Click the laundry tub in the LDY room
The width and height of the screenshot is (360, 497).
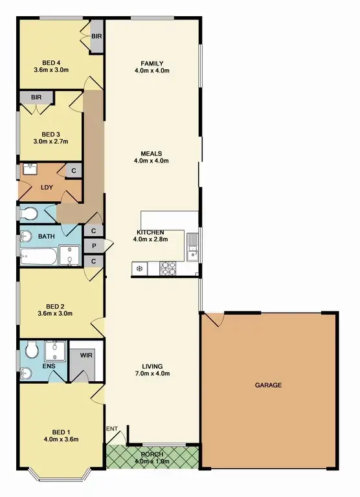(29, 170)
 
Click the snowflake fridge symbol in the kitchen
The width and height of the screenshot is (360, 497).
(139, 268)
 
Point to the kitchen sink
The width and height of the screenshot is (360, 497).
(192, 245)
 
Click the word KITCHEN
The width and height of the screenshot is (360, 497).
(150, 232)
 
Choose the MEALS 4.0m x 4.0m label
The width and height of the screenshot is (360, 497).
(151, 157)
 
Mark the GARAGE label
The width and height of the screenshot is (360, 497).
(268, 385)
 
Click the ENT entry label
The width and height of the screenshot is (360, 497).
(112, 429)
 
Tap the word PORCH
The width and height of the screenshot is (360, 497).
(152, 454)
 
